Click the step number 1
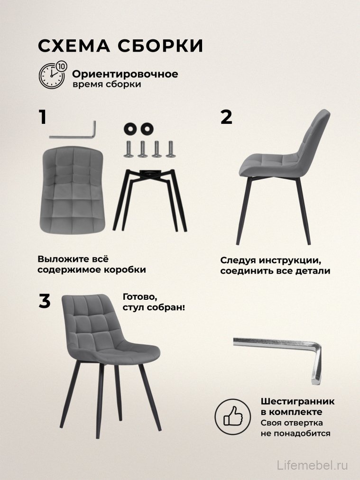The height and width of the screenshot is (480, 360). pyautogui.click(x=43, y=117)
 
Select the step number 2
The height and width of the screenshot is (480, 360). pyautogui.click(x=227, y=117)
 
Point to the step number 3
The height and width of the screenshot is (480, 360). pyautogui.click(x=44, y=302)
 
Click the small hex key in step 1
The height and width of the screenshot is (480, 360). pyautogui.click(x=74, y=132)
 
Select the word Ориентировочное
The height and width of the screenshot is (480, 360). pyautogui.click(x=125, y=74)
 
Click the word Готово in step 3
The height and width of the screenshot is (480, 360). pyautogui.click(x=139, y=297)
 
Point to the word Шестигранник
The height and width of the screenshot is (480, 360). pyautogui.click(x=297, y=401)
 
